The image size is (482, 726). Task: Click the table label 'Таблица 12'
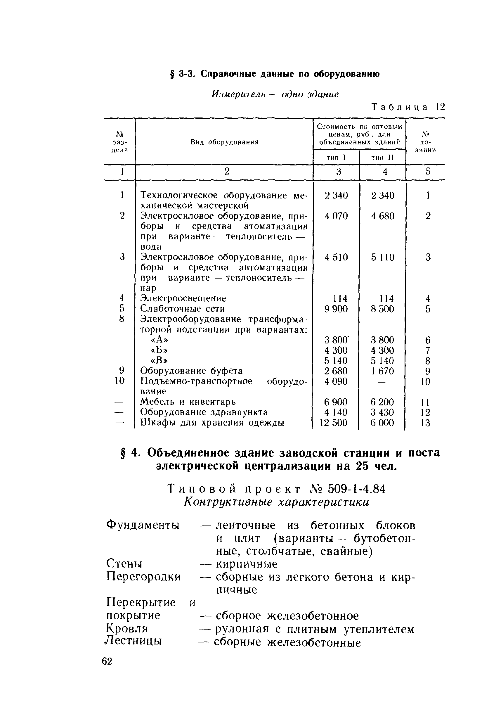(x=408, y=107)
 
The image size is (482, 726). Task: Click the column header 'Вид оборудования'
(x=224, y=142)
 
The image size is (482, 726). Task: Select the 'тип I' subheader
(x=336, y=158)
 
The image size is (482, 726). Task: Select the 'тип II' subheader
(x=382, y=158)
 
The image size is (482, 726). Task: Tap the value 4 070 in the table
(x=336, y=216)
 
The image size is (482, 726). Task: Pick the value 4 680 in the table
(x=382, y=216)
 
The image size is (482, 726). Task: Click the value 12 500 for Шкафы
(x=334, y=423)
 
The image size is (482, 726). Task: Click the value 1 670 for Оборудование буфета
(x=382, y=371)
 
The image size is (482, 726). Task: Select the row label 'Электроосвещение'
(x=183, y=298)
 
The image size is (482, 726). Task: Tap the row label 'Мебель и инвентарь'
(x=188, y=402)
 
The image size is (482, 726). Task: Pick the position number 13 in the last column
(x=425, y=423)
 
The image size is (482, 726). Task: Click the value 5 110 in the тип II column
(x=382, y=257)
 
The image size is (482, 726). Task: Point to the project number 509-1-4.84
(x=357, y=489)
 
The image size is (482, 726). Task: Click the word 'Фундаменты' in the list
(x=143, y=525)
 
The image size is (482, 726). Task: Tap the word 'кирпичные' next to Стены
(x=247, y=564)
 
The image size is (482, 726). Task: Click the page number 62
(x=107, y=661)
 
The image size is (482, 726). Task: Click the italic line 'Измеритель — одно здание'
(x=275, y=94)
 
